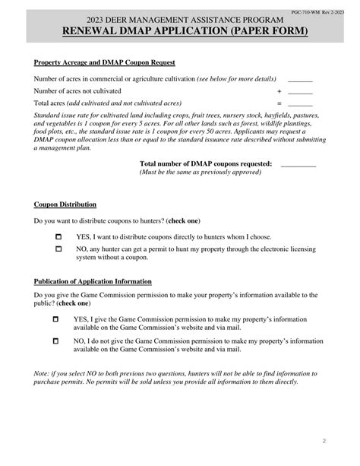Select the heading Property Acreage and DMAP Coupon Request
[105, 62]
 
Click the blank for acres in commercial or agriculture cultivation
[300, 79]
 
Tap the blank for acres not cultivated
[300, 91]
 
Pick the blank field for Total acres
[300, 103]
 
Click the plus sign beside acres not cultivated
[279, 91]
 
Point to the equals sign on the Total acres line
[279, 103]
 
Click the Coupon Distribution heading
[65, 205]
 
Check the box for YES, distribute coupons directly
[58, 237]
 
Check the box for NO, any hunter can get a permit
[58, 249]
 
